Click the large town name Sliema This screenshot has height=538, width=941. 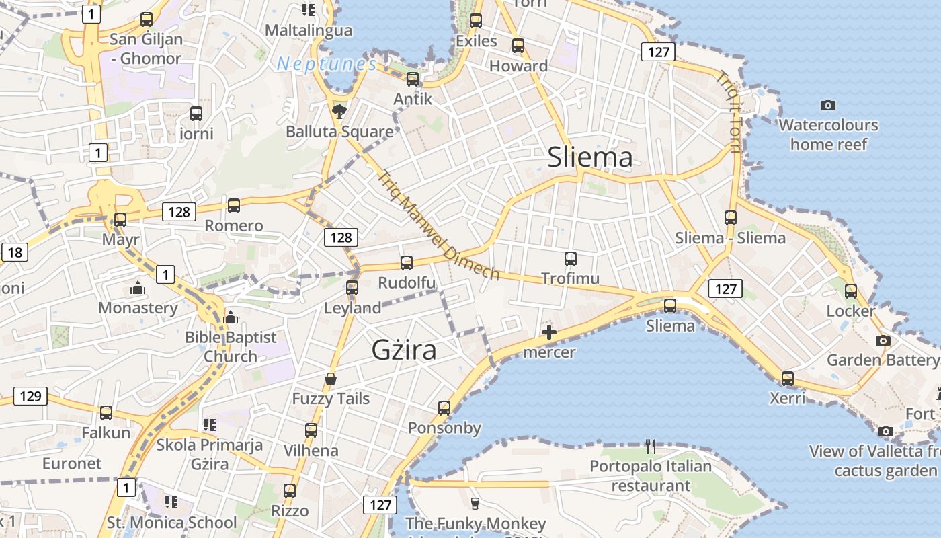pyautogui.click(x=589, y=157)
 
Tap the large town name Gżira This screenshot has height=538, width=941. pyautogui.click(x=403, y=350)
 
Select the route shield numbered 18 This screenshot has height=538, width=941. pyautogui.click(x=15, y=253)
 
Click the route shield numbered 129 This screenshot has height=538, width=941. pyautogui.click(x=31, y=396)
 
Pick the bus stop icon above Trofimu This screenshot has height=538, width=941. pyautogui.click(x=571, y=259)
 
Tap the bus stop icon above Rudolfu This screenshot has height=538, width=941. pyautogui.click(x=407, y=263)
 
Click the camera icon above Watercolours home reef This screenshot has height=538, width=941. pyautogui.click(x=828, y=105)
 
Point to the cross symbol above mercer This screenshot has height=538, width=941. pyautogui.click(x=549, y=332)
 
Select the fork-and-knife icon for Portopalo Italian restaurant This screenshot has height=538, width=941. pyautogui.click(x=650, y=446)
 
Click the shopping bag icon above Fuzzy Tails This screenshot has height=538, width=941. pyautogui.click(x=331, y=379)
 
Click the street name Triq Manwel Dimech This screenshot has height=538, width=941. pyautogui.click(x=438, y=225)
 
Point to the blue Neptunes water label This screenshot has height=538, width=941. pyautogui.click(x=327, y=64)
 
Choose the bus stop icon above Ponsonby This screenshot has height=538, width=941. pyautogui.click(x=444, y=408)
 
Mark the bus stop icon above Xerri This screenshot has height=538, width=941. pyautogui.click(x=787, y=379)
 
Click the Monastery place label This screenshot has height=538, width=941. pyautogui.click(x=138, y=308)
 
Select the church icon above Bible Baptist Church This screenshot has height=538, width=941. pyautogui.click(x=231, y=317)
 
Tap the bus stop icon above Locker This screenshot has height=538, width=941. pyautogui.click(x=851, y=291)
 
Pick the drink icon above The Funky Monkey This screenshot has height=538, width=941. pyautogui.click(x=475, y=503)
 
